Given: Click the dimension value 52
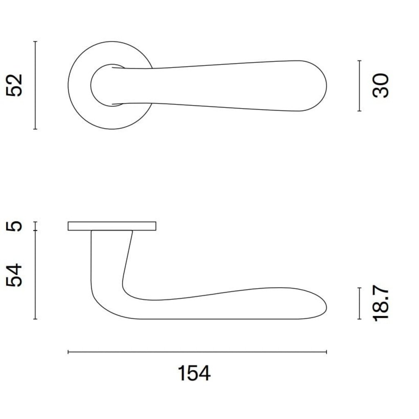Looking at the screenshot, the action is (x=14, y=85).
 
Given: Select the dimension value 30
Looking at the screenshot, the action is (x=381, y=86).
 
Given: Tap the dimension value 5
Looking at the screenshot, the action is (x=14, y=226).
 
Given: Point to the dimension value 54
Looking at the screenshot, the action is (x=14, y=275).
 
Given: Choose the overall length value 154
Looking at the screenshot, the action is (x=194, y=373).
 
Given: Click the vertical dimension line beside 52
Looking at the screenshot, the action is (x=35, y=85).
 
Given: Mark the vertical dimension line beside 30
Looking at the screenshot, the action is (x=359, y=86).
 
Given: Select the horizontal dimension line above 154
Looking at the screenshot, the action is (x=197, y=352).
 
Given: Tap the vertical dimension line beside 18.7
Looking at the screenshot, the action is (x=359, y=303).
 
